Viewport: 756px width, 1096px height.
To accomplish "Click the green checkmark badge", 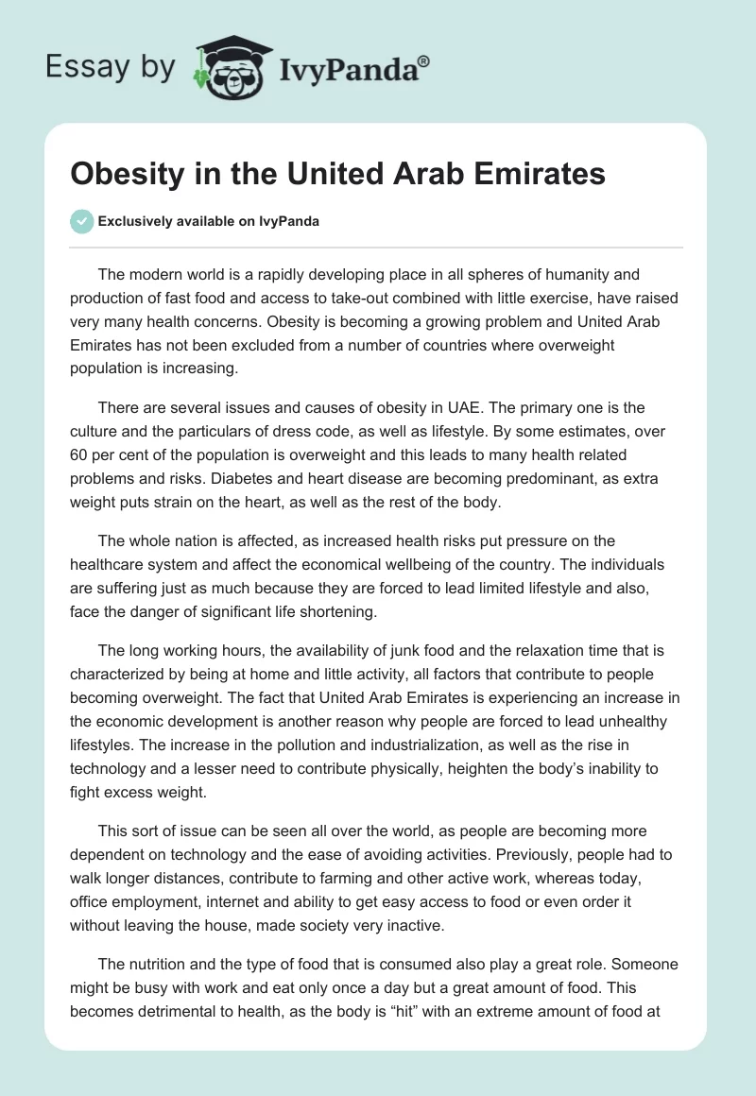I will click(x=81, y=221).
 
